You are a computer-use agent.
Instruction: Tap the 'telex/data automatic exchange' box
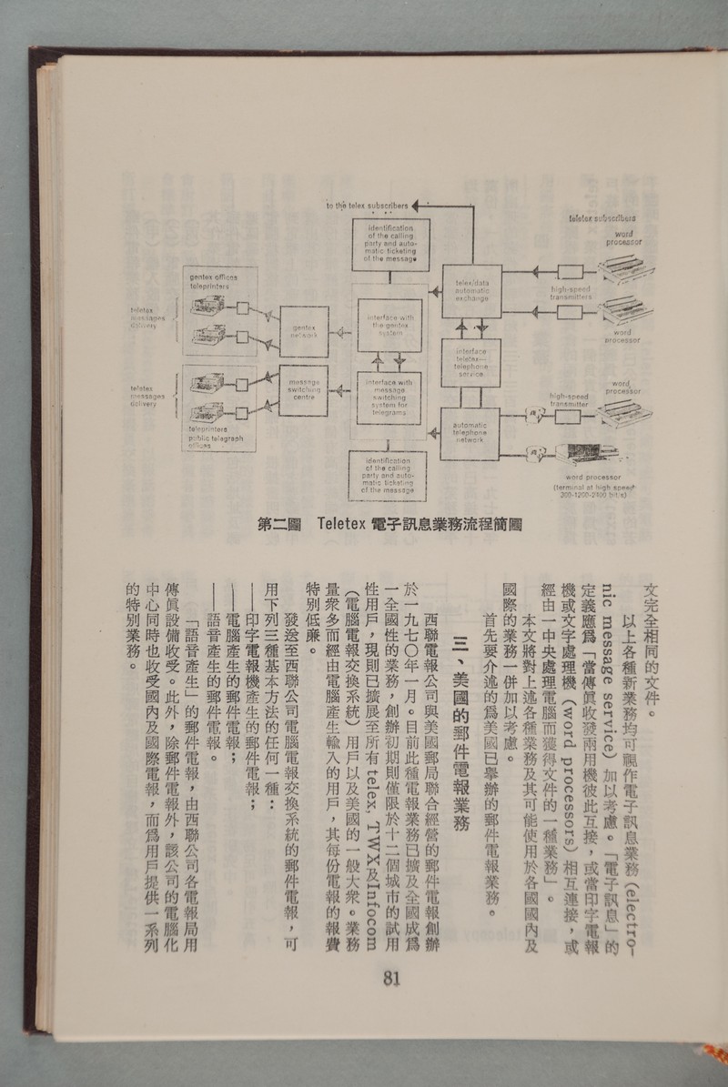pyautogui.click(x=472, y=290)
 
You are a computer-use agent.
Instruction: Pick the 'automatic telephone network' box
pyautogui.click(x=472, y=434)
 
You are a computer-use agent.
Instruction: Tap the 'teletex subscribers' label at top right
pyautogui.click(x=602, y=219)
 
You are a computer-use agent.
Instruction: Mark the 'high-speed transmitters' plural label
pyautogui.click(x=571, y=293)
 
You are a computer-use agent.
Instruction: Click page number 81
pyautogui.click(x=393, y=978)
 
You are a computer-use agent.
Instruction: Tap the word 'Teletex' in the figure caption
pyautogui.click(x=341, y=525)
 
